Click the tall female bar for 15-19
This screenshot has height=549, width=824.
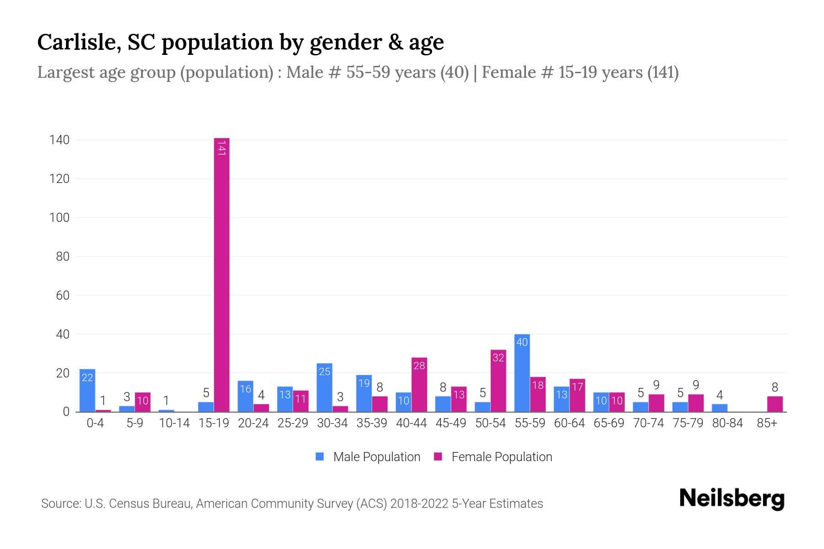tap(222, 274)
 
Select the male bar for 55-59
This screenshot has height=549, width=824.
tap(522, 373)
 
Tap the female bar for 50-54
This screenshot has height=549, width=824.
tap(498, 381)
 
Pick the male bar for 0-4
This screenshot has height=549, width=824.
tap(87, 390)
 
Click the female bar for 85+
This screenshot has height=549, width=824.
tap(775, 404)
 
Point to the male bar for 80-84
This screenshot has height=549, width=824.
tap(719, 408)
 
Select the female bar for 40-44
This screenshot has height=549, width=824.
tap(419, 384)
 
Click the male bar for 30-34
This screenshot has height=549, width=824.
tap(324, 388)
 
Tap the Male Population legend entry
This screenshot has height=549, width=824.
tap(368, 457)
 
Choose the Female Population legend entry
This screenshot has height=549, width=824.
tap(493, 457)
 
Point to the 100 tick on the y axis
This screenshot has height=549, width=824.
tap(60, 218)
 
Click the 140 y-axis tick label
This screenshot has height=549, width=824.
tap(60, 140)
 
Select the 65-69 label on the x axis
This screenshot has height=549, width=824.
tap(609, 423)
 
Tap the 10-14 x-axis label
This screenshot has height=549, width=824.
tap(174, 423)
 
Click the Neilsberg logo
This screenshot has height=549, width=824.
tap(732, 499)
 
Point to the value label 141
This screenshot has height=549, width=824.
tap(222, 148)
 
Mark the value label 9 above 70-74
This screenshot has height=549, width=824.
tap(656, 385)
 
